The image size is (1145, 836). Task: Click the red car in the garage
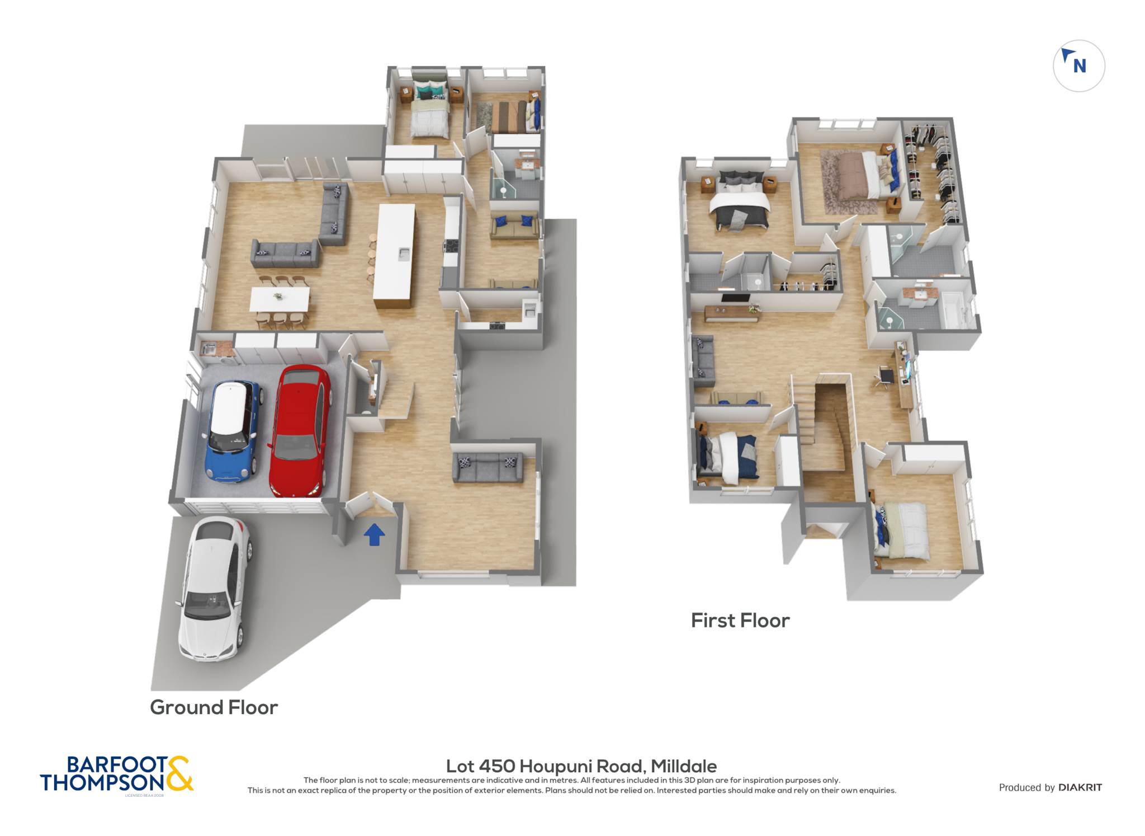[299, 431]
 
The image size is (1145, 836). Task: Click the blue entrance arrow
[374, 534]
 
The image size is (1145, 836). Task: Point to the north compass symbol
[1078, 66]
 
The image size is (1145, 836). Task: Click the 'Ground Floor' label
[214, 707]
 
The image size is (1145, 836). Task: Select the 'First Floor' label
[740, 620]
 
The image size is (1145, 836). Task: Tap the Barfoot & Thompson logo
[117, 774]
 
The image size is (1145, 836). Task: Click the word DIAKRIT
[1080, 787]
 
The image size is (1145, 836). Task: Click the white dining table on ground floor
[280, 299]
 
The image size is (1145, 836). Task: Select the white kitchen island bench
[395, 255]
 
